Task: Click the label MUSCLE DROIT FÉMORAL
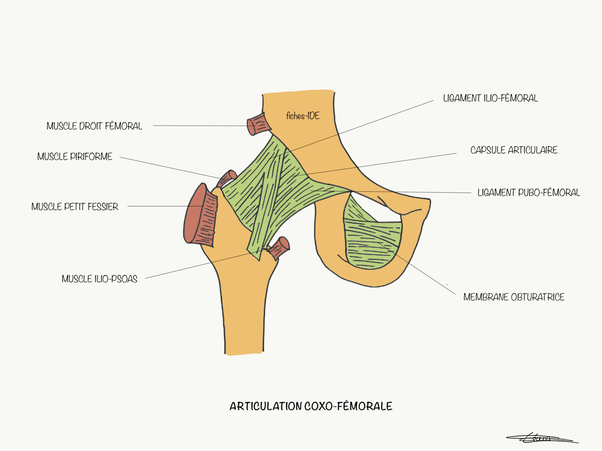94,126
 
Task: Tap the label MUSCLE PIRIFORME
75,156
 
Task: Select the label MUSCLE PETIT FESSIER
75,207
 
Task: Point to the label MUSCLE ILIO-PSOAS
99,279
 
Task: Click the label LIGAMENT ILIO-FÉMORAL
490,98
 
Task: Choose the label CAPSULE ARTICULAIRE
514,150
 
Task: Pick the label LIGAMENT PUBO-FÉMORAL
529,193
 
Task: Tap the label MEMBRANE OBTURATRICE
514,297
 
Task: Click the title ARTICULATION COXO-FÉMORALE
311,406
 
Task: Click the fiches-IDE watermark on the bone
303,116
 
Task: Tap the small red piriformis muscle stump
228,178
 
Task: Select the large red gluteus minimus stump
200,214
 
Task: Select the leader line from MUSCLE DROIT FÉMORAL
200,126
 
